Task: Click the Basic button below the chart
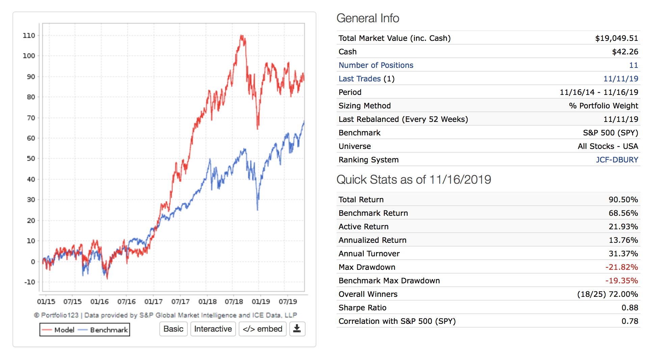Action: (x=173, y=329)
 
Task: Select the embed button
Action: (x=262, y=329)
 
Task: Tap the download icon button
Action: (x=297, y=329)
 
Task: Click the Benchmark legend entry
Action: (x=108, y=330)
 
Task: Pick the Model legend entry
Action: (x=64, y=330)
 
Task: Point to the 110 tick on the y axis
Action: (x=29, y=35)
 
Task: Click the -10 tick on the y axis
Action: (x=30, y=282)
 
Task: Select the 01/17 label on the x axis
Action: (x=153, y=302)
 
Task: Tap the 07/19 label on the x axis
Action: (x=288, y=302)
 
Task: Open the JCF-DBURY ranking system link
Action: (x=617, y=160)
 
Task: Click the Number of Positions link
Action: (x=376, y=65)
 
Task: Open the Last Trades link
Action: (x=360, y=79)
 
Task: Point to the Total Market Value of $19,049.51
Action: (x=616, y=38)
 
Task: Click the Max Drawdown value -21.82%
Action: (x=622, y=267)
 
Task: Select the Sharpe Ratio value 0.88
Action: (x=630, y=308)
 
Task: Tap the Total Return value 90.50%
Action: (x=623, y=200)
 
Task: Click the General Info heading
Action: (x=368, y=18)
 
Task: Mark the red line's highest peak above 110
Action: (x=241, y=35)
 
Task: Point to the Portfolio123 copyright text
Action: (x=165, y=315)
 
